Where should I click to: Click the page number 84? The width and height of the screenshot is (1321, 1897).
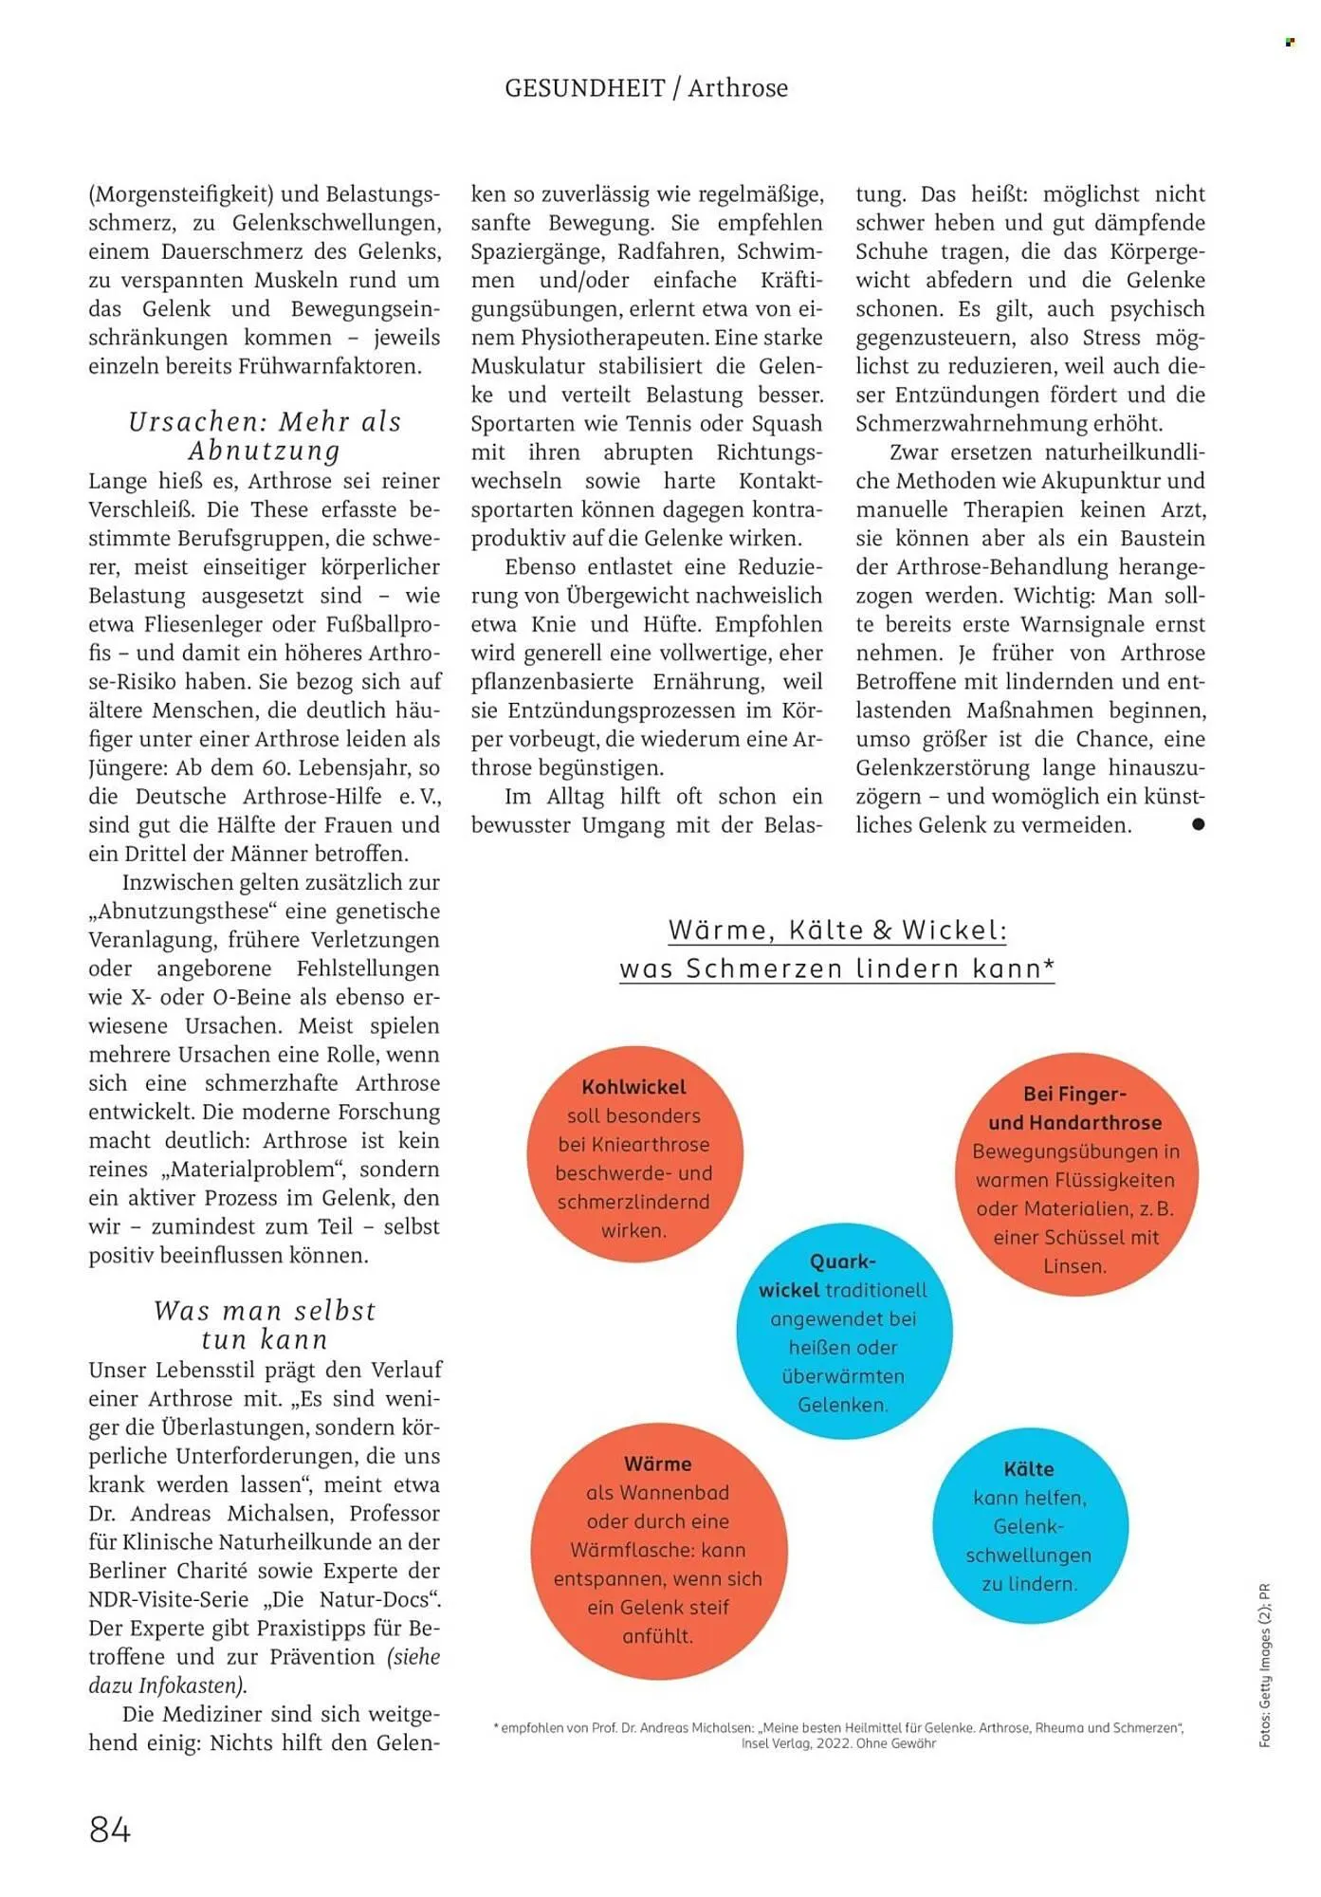tap(110, 1830)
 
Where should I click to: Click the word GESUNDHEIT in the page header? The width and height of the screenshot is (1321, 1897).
tap(584, 88)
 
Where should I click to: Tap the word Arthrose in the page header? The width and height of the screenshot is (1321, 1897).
tap(738, 88)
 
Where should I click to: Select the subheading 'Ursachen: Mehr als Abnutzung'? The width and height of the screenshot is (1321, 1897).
tap(265, 435)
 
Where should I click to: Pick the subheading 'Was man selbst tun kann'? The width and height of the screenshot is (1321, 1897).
tap(265, 1325)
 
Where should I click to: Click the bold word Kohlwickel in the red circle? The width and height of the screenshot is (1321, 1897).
tap(633, 1087)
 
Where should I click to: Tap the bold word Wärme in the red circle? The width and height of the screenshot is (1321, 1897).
tap(657, 1464)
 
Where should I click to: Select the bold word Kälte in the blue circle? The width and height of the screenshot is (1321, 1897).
tap(1028, 1469)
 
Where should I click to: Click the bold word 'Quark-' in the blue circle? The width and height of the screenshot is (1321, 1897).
tap(842, 1262)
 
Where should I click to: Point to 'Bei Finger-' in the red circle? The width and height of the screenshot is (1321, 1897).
tap(1073, 1094)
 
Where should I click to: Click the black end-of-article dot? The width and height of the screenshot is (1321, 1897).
tap(1198, 824)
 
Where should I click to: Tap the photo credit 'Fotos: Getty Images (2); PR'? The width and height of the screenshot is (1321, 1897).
tap(1264, 1665)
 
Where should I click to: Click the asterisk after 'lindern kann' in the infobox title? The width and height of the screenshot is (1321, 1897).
tap(1048, 967)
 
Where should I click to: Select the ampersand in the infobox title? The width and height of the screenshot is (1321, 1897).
tap(882, 930)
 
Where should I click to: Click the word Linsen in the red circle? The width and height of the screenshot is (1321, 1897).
tap(1073, 1266)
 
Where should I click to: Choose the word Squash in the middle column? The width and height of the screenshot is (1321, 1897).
tap(786, 423)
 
